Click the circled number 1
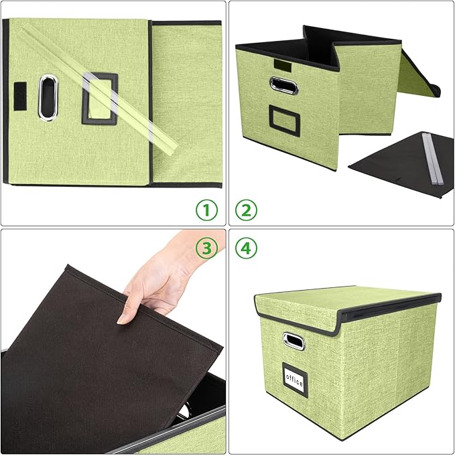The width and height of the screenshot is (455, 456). coord(207,211)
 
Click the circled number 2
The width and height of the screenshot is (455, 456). coord(245,211)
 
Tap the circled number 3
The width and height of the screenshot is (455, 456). coord(207,248)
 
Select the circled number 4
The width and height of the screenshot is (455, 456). coord(245,248)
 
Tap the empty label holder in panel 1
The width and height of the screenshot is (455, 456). coord(100,99)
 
